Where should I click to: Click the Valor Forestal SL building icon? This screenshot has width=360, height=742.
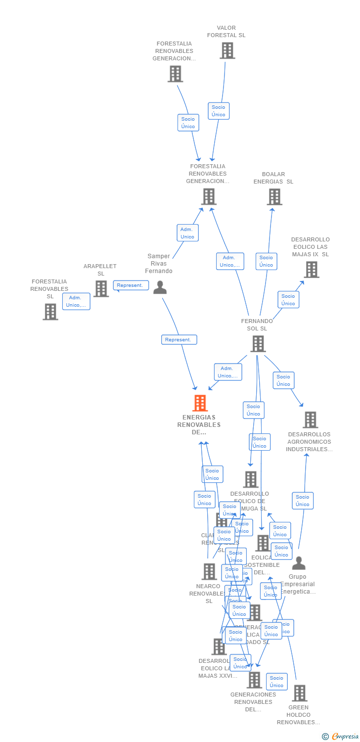[227, 50]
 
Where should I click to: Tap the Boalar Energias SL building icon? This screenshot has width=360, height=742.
[274, 196]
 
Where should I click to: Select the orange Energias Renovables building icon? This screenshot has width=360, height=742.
[200, 403]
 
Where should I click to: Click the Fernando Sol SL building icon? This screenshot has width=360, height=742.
[258, 343]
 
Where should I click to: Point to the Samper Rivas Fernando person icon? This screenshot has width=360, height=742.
[160, 287]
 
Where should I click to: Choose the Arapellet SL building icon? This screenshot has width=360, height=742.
[101, 288]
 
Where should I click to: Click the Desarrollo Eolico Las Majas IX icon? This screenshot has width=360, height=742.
[311, 270]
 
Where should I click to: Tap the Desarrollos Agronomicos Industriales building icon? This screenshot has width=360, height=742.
[310, 419]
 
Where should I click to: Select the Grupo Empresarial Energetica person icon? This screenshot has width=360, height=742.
[299, 563]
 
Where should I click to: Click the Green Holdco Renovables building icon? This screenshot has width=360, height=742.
[299, 693]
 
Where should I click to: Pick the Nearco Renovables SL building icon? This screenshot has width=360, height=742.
[209, 571]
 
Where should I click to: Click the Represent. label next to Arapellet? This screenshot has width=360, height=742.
[131, 285]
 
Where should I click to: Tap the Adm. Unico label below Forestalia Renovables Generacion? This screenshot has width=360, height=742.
[187, 233]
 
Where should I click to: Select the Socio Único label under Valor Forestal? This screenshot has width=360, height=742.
[219, 111]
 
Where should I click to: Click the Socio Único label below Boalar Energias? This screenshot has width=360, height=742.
[266, 261]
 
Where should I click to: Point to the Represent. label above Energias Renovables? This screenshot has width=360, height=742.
[179, 340]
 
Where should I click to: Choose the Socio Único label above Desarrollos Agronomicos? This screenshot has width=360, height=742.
[283, 380]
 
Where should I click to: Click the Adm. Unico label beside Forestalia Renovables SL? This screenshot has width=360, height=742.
[76, 301]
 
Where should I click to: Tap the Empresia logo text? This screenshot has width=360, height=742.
[345, 737]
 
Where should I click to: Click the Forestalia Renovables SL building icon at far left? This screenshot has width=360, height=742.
[50, 312]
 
